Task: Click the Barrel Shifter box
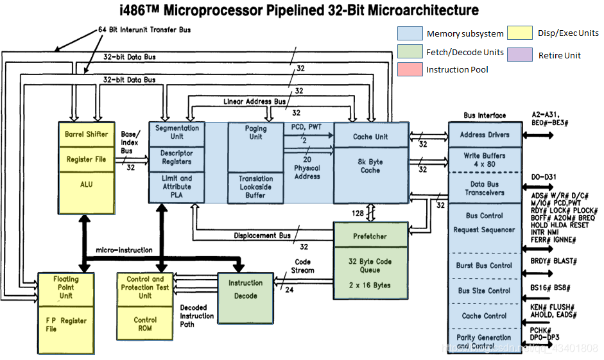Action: pyautogui.click(x=87, y=134)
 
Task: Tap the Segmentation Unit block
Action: pyautogui.click(x=177, y=132)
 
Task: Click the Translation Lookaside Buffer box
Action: pyautogui.click(x=255, y=187)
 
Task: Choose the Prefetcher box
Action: pyautogui.click(x=370, y=236)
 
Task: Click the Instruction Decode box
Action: pyautogui.click(x=245, y=289)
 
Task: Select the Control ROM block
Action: pyautogui.click(x=145, y=325)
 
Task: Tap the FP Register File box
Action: pyautogui.click(x=66, y=325)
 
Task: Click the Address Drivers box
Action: pyautogui.click(x=485, y=135)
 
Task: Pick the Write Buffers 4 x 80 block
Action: pyautogui.click(x=485, y=160)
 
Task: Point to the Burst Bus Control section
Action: pyautogui.click(x=485, y=265)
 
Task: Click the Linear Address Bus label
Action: pyautogui.click(x=254, y=101)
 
